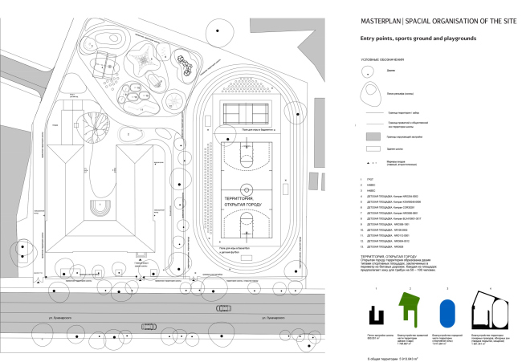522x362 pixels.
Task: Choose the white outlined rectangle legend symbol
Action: (x=371, y=150)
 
